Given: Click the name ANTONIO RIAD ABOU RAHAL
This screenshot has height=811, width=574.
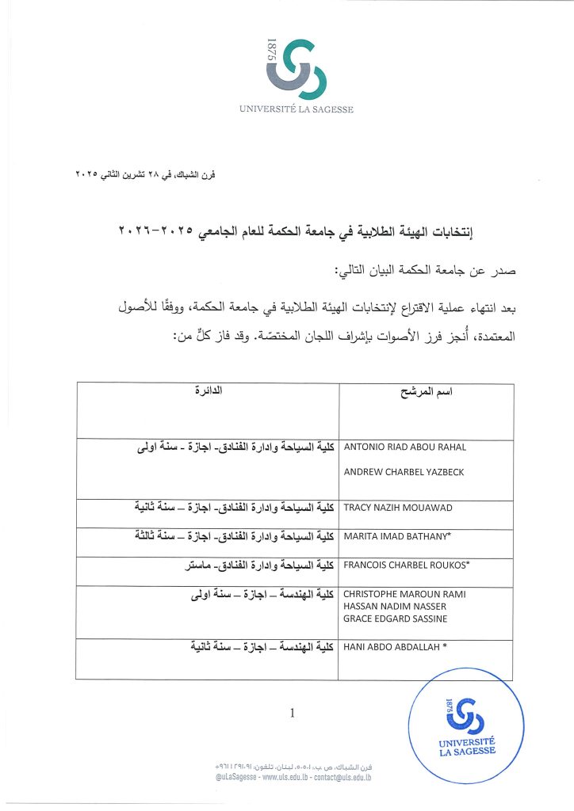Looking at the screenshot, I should click(404, 447).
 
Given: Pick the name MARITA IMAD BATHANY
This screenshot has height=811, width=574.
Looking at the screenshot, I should click(396, 537).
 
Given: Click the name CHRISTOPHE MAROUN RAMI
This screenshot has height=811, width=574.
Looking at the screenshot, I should click(404, 594).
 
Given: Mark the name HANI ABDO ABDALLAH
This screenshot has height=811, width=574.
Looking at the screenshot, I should click(395, 647).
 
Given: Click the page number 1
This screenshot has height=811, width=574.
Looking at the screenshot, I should click(292, 714).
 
